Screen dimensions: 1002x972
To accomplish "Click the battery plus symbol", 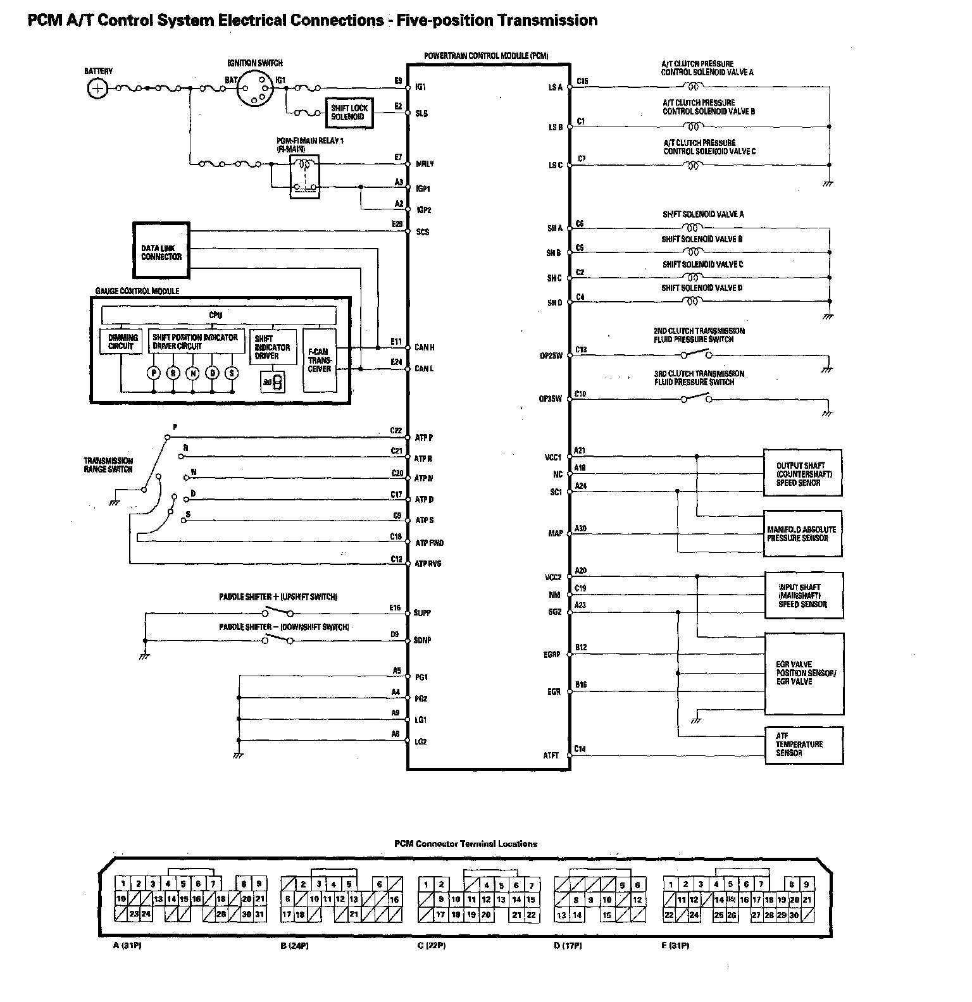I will pos(97,89).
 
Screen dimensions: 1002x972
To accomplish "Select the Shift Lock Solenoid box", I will pos(349,113).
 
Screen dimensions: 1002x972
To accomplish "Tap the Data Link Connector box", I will pos(161,251).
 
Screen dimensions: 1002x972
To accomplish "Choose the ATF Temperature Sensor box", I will pos(804,745).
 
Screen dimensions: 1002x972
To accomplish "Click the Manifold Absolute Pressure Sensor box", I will pos(802,534).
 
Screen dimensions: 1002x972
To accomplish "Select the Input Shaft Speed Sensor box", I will pos(804,596).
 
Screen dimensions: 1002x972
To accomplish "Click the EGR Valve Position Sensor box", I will pos(804,673).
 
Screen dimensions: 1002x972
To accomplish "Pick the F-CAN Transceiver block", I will pos(320,360).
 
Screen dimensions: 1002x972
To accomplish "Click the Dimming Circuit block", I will pos(121,342).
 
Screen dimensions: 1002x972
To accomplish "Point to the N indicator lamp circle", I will pos(193,373).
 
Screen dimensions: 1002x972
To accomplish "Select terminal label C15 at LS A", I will pos(582,81).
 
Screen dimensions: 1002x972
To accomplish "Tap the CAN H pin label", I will pos(424,348).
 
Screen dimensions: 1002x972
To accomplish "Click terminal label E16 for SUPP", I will pos(395,608).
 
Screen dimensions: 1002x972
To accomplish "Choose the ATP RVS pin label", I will pos(428,564).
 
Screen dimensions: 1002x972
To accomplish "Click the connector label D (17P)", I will pos(568,946).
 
